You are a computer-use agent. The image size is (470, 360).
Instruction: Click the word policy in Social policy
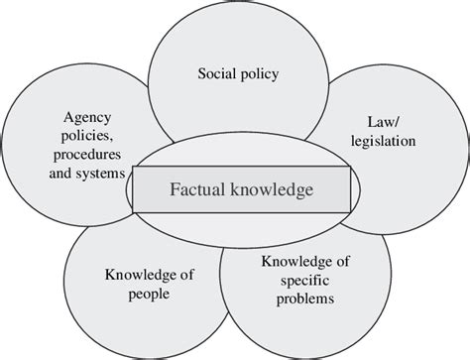(261, 74)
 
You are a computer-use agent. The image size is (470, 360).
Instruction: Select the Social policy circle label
(237, 74)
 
